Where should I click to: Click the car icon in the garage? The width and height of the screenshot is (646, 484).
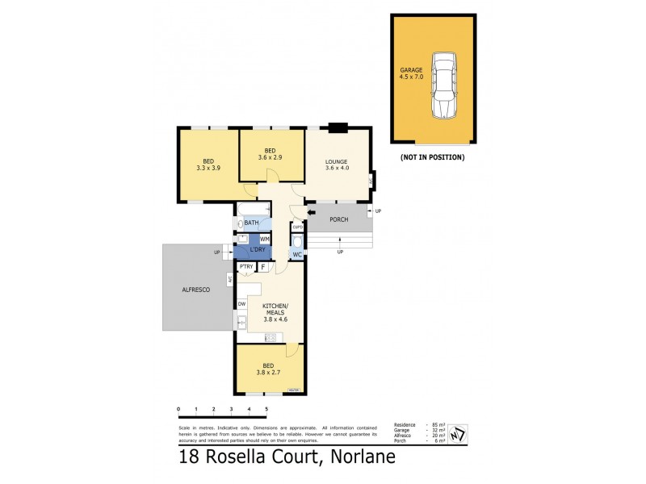[443, 86]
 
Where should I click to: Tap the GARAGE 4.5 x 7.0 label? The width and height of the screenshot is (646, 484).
[411, 74]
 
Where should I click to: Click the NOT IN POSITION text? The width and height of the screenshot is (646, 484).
[432, 157]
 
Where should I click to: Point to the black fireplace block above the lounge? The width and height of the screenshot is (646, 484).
[338, 127]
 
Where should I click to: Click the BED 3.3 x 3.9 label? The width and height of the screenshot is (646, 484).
[208, 164]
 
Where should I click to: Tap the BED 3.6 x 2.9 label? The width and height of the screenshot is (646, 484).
[271, 153]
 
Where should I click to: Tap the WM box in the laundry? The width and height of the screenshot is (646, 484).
[264, 240]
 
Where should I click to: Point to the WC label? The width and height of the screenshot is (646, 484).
[297, 255]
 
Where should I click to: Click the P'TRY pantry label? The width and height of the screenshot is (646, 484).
[246, 266]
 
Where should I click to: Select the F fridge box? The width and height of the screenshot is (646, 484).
[263, 266]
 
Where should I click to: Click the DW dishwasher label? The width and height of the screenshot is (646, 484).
[241, 304]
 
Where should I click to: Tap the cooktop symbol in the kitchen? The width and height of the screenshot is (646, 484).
[271, 336]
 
